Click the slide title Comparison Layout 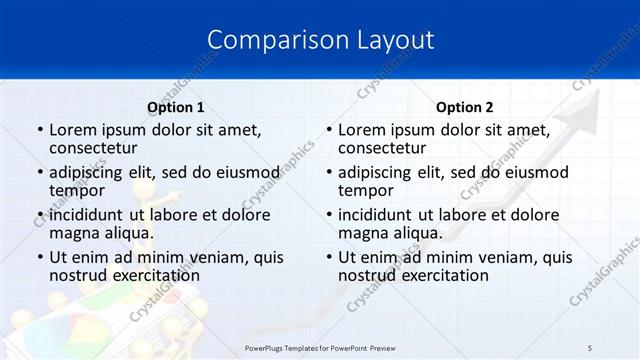click(x=320, y=40)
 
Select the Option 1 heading click(x=176, y=107)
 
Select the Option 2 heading click(x=465, y=107)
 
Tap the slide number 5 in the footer click(x=590, y=346)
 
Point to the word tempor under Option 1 click(x=76, y=191)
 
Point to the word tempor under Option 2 click(x=365, y=191)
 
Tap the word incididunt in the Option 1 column click(x=89, y=214)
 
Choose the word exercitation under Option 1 click(x=154, y=275)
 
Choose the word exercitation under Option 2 click(x=443, y=275)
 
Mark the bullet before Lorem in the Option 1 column click(x=40, y=131)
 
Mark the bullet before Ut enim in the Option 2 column click(x=329, y=257)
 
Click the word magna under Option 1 click(x=73, y=233)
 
